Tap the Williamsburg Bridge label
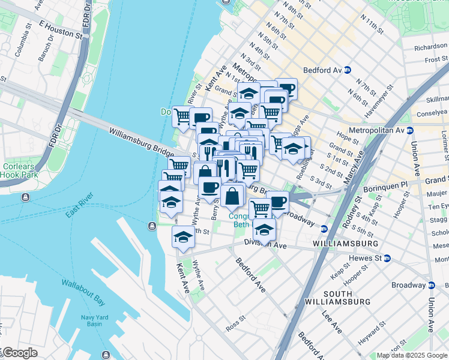142,143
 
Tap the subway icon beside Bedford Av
348,70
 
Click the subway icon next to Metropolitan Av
409,130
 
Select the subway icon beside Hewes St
387,258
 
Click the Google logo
19,353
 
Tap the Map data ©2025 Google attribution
412,355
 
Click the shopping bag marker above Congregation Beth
232,195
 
